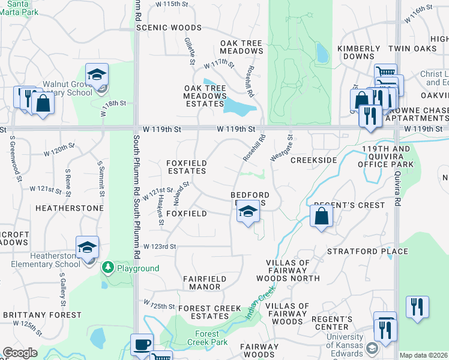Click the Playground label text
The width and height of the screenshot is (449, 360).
click(x=138, y=268)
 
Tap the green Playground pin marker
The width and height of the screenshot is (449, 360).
click(x=108, y=266)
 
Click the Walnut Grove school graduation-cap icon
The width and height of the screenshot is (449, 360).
click(x=96, y=76)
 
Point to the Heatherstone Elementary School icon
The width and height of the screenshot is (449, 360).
click(x=87, y=248)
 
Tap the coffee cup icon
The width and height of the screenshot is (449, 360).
click(x=142, y=345)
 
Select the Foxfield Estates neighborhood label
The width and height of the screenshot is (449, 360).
click(x=186, y=167)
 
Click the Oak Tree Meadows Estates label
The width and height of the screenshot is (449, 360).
click(x=205, y=96)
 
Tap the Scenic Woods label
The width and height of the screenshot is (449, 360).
click(x=169, y=28)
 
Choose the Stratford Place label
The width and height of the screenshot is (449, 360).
click(x=359, y=251)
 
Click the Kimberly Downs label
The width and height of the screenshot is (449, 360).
click(x=359, y=52)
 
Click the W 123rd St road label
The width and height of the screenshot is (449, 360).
click(x=160, y=247)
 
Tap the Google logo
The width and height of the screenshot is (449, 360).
click(x=20, y=353)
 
